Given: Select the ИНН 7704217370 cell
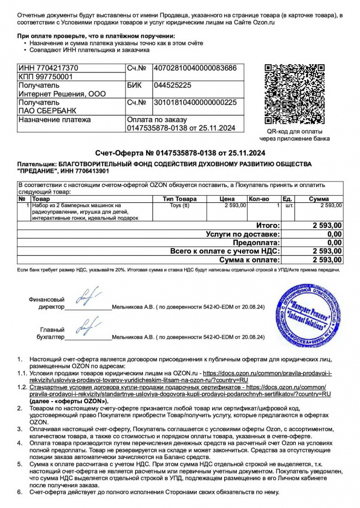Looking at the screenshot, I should [49, 68].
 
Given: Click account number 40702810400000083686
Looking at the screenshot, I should [195, 68].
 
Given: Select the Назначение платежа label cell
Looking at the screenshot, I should [55, 120].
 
